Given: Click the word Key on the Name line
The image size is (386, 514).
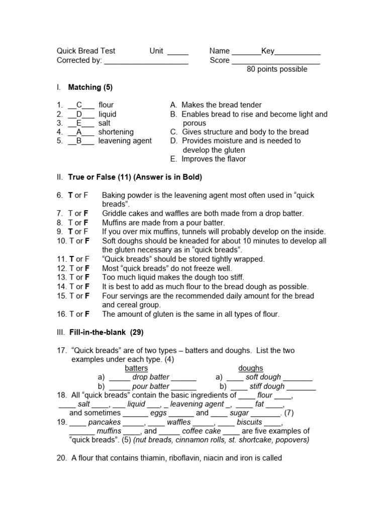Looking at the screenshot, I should click(x=267, y=51).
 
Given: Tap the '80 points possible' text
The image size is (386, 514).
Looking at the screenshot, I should click(x=277, y=69).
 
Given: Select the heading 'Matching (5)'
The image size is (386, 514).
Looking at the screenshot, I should click(x=90, y=87).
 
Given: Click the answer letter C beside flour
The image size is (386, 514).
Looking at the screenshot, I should click(x=79, y=105).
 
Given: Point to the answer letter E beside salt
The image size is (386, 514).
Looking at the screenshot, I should click(x=79, y=123).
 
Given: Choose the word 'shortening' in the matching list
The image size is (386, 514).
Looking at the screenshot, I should click(x=116, y=132).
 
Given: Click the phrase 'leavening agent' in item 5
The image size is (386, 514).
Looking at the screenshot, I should click(x=125, y=141).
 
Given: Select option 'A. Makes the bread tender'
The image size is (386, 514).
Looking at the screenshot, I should click(x=216, y=105).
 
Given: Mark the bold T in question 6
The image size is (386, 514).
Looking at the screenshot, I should click(x=71, y=195).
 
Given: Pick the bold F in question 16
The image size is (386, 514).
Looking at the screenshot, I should click(x=87, y=314).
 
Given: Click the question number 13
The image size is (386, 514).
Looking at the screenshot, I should click(x=61, y=278).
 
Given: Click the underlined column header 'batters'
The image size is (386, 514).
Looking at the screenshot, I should click(x=136, y=368).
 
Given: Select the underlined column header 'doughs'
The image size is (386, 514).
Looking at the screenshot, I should click(x=251, y=368).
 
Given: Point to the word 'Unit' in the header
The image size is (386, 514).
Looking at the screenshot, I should click(x=156, y=51).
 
